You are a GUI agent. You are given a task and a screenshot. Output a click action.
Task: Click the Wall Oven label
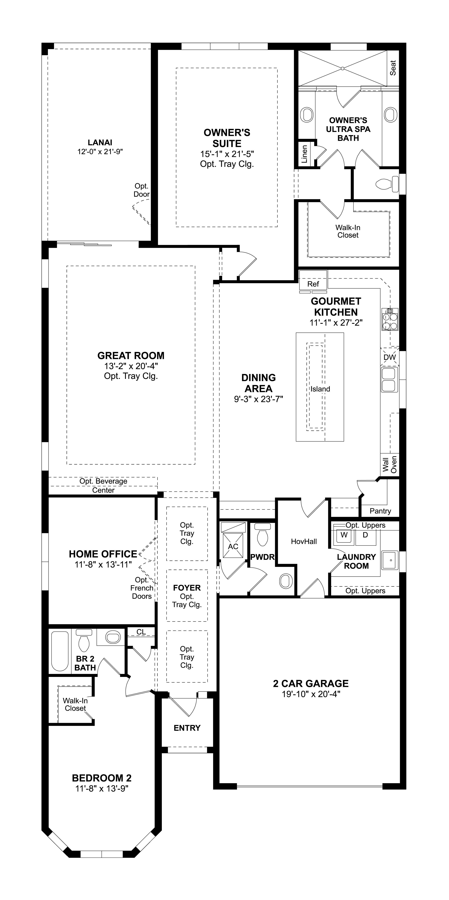click(x=390, y=464)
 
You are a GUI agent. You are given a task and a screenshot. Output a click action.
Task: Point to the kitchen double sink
click(x=389, y=380)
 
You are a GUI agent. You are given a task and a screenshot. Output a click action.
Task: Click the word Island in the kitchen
click(x=320, y=389)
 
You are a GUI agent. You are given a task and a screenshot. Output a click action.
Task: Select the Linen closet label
click(x=304, y=154)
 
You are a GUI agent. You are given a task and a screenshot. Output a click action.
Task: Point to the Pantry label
click(x=380, y=511)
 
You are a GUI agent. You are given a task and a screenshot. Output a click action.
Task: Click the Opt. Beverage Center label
click(x=103, y=485)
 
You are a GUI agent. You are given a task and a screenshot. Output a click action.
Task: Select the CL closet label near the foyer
click(x=141, y=632)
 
